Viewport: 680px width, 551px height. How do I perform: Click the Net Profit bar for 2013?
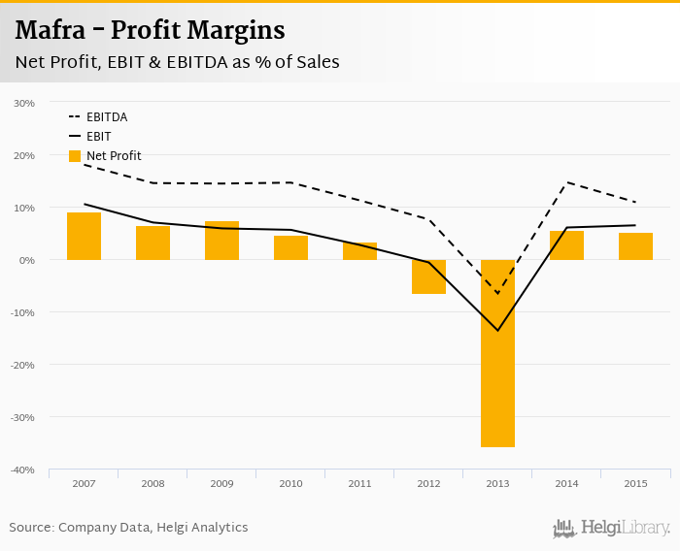click(x=497, y=353)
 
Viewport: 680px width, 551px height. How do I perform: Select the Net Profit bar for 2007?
click(x=84, y=236)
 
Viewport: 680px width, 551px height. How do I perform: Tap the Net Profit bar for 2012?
click(x=428, y=276)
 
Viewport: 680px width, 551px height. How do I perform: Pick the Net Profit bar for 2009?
click(x=221, y=241)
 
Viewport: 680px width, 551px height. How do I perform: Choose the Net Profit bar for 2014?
click(x=566, y=245)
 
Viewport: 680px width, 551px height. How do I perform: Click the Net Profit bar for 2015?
click(x=635, y=246)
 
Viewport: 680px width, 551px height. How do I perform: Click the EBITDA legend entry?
click(x=106, y=117)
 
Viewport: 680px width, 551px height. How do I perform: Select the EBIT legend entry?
click(x=98, y=137)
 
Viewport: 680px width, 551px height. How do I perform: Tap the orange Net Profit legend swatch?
click(x=75, y=156)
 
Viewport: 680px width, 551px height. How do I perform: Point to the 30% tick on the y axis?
click(x=24, y=103)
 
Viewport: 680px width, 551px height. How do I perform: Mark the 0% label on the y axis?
click(x=27, y=260)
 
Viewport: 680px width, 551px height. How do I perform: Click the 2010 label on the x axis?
click(x=290, y=483)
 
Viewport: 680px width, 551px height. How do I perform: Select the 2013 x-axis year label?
click(x=497, y=483)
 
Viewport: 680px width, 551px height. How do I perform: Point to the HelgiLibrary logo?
click(x=612, y=528)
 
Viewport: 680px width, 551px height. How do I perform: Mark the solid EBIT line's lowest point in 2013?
click(x=497, y=330)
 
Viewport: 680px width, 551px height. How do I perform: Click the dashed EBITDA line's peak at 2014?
click(x=566, y=183)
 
